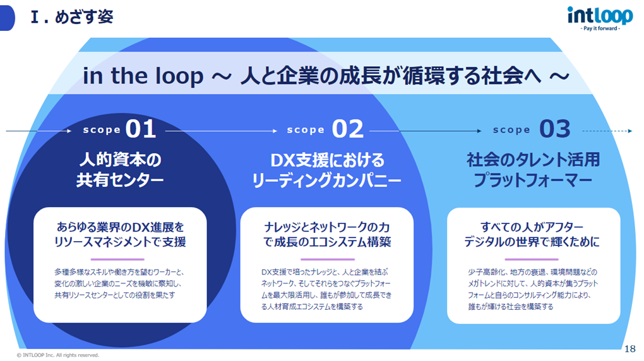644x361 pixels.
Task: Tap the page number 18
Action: (x=629, y=349)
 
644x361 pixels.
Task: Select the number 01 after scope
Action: (x=141, y=129)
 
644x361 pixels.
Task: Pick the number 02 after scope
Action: (x=348, y=129)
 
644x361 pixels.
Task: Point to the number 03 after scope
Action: (x=555, y=129)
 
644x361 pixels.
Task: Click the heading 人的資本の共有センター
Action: (x=120, y=170)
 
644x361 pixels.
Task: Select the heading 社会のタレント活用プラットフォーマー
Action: (x=533, y=170)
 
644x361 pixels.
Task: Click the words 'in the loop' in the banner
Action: (x=143, y=76)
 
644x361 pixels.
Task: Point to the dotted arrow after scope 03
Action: (x=606, y=131)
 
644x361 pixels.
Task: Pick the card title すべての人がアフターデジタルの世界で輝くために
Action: (x=533, y=234)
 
